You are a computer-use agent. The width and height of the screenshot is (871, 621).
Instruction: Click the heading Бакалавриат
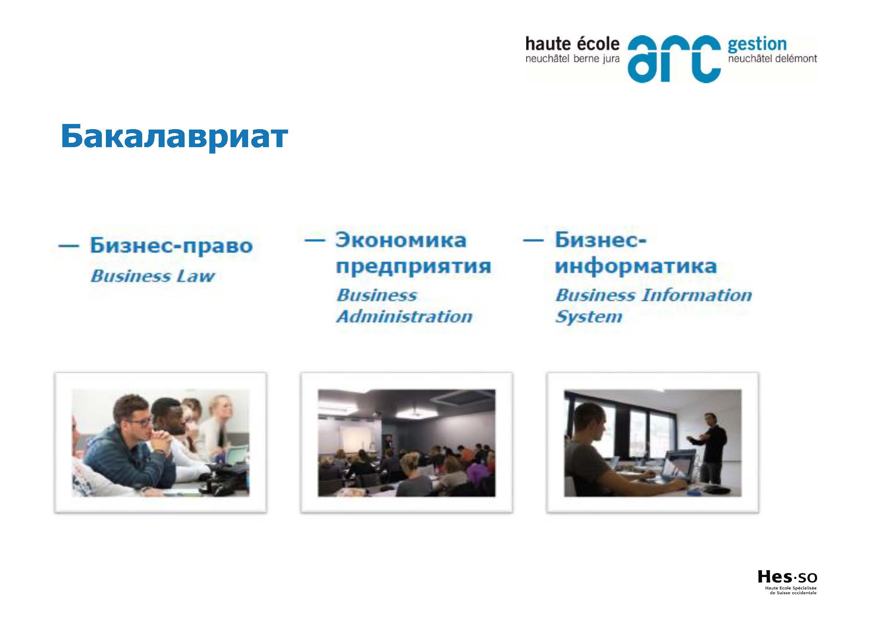click(x=175, y=137)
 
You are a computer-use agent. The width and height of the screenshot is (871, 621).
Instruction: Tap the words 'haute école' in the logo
click(x=572, y=44)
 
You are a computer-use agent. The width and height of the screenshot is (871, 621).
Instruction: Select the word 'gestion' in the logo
click(x=757, y=45)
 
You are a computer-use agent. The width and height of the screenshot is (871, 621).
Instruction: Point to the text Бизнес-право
click(x=171, y=245)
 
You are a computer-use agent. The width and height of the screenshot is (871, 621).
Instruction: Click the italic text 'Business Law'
click(x=153, y=276)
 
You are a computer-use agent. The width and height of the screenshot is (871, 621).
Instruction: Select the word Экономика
click(x=401, y=240)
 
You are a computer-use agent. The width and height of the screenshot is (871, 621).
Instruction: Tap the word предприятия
click(x=413, y=266)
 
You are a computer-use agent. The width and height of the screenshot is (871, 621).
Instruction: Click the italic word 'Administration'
click(x=404, y=316)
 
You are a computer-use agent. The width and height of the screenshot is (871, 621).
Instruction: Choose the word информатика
click(x=636, y=266)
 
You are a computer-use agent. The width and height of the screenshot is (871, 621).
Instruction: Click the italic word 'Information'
click(x=696, y=295)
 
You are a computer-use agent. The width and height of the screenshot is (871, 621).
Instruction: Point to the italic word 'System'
click(x=589, y=317)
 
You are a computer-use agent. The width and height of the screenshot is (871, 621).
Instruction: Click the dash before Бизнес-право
click(x=68, y=246)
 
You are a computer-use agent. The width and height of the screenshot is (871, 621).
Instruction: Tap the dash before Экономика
click(x=314, y=240)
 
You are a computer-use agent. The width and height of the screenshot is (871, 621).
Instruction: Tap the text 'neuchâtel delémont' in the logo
click(x=772, y=59)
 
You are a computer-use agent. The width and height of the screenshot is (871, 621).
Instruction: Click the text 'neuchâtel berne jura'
click(x=572, y=59)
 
